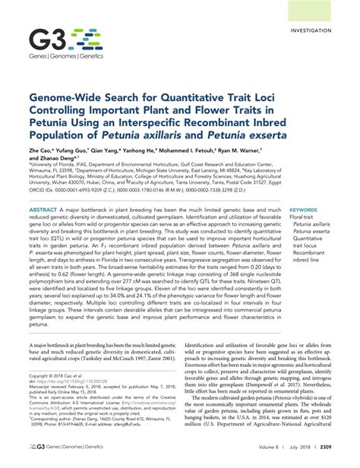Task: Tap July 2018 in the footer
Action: [x=295, y=458]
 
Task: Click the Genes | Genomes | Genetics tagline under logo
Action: [x=60, y=57]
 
